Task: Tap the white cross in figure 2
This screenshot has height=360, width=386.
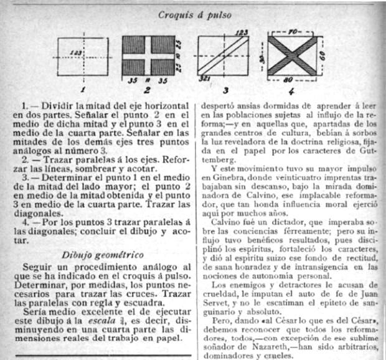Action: (x=149, y=55)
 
